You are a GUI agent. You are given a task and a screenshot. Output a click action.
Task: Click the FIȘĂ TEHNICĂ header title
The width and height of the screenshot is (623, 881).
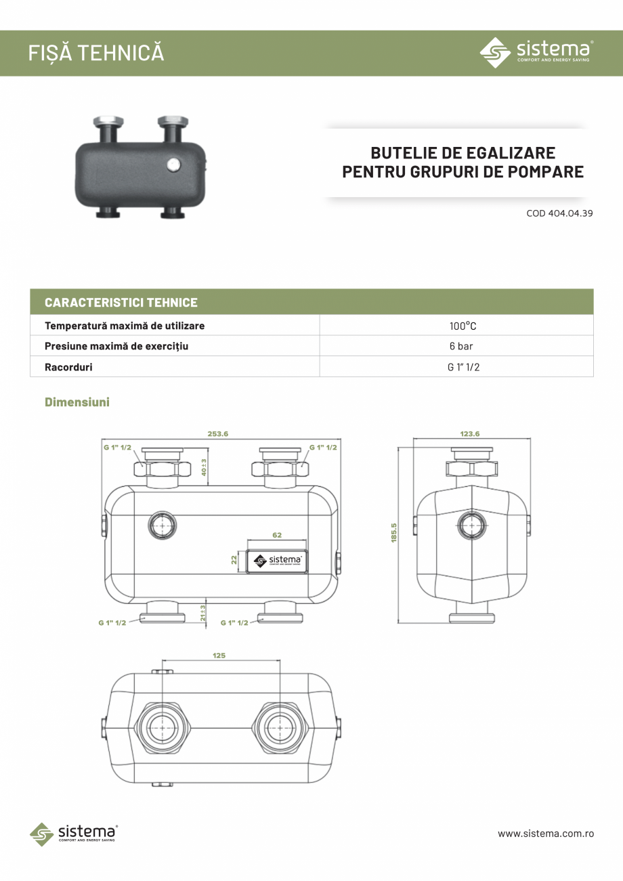[96, 53]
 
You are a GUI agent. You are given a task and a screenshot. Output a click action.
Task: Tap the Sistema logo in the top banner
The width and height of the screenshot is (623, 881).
[536, 52]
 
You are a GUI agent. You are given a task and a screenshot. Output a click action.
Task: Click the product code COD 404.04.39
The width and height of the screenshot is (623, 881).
[559, 213]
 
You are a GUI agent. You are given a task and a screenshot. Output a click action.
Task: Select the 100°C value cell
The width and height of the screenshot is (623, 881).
[463, 326]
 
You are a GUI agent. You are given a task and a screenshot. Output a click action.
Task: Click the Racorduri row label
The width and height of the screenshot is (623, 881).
[68, 367]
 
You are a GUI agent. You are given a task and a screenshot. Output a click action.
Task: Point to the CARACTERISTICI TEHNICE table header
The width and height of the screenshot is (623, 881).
[121, 302]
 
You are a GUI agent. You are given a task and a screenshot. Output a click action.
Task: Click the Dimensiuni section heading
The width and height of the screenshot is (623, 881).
[77, 402]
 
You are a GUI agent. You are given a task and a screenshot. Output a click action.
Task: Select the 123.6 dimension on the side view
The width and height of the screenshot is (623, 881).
[469, 434]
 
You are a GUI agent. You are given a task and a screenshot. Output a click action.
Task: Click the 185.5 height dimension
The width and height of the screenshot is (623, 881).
[393, 533]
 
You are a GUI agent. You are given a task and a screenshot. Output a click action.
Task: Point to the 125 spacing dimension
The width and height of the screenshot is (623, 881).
[219, 656]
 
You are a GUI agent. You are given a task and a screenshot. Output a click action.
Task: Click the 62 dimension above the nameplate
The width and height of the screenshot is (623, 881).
[277, 535]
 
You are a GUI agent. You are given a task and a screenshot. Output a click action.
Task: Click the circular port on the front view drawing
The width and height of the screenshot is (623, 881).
[161, 525]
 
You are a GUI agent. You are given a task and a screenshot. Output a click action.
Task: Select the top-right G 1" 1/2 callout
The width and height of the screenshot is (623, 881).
[323, 448]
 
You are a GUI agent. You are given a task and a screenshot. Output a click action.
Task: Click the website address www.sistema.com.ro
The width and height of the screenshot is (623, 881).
[546, 834]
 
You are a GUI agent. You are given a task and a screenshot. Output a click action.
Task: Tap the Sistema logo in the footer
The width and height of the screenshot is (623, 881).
[74, 834]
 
